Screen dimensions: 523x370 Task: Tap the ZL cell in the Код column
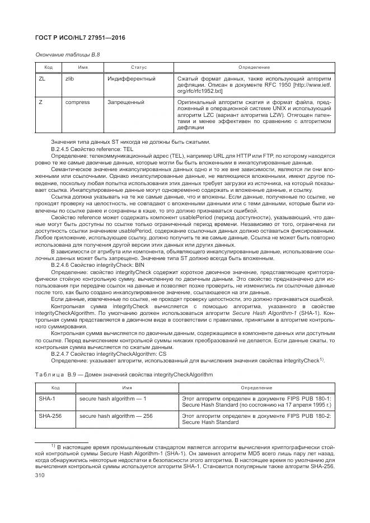click(42, 79)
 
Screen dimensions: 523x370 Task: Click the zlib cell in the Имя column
click(71, 79)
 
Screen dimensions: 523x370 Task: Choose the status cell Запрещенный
click(126, 103)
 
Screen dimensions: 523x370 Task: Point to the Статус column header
click(139, 67)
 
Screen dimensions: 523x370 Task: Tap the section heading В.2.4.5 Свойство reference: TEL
click(85, 149)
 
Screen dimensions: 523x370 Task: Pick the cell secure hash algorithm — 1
click(113, 398)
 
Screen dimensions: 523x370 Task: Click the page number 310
click(40, 474)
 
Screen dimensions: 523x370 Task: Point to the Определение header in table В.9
click(256, 387)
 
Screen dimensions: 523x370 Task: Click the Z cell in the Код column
click(40, 103)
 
